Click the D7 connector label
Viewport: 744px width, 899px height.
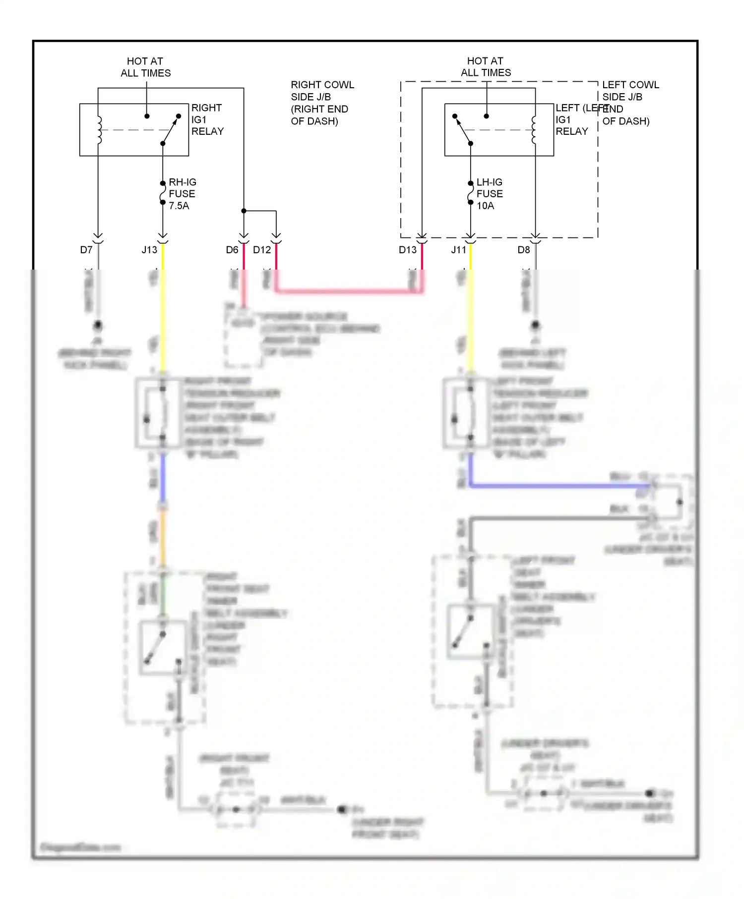86,250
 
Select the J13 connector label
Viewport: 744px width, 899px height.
149,250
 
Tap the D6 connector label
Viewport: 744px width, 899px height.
232,250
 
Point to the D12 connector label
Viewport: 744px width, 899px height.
262,250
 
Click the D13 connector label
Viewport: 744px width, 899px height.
408,250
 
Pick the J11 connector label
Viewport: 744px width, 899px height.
459,250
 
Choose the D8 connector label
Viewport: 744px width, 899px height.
524,250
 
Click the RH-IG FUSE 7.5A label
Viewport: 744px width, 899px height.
182,194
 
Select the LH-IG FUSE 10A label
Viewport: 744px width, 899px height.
489,194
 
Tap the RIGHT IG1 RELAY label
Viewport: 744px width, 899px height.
207,119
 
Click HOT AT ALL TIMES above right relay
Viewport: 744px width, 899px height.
145,67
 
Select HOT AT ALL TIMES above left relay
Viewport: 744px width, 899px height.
486,67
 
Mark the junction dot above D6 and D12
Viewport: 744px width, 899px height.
244,211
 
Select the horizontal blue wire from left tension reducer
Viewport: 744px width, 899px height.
556,486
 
